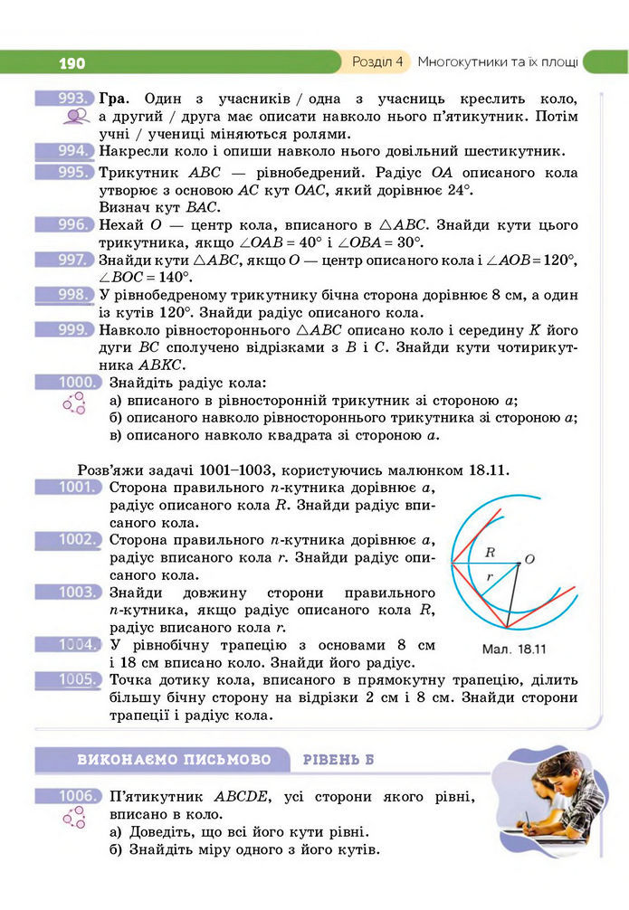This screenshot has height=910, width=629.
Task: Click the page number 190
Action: point(71,62)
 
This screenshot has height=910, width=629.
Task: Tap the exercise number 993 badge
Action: point(65,98)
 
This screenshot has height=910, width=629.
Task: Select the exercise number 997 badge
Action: point(65,260)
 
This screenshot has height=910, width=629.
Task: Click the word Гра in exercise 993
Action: point(115,98)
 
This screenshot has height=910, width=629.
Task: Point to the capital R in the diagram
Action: point(490,551)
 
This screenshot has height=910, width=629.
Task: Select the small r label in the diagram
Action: point(490,575)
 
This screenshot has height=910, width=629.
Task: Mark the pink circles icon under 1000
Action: point(73,404)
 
